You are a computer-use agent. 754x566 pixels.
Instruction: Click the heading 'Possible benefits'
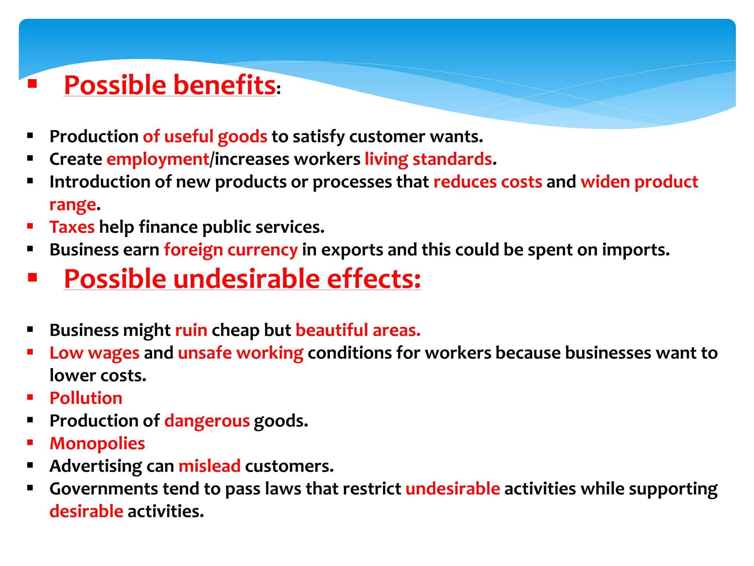[169, 85]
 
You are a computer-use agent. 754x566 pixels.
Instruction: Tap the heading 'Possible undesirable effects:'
[242, 279]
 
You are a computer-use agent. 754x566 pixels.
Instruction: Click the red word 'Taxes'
[72, 227]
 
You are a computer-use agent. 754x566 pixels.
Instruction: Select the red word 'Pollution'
[86, 398]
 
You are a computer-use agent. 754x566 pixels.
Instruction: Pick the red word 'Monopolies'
[97, 444]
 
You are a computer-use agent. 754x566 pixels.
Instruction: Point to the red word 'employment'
[158, 160]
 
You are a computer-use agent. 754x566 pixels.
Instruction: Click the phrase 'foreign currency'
[230, 250]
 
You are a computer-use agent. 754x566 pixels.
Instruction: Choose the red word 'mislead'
[209, 467]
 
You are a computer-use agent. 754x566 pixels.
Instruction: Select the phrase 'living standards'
[428, 160]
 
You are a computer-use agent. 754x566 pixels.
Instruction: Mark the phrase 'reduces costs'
[488, 182]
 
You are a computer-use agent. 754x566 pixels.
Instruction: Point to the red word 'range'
[73, 205]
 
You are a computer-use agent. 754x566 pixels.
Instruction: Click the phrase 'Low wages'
[95, 353]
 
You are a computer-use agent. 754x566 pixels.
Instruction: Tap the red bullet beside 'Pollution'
[30, 397]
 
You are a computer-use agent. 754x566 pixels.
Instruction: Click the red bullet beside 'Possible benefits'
[32, 84]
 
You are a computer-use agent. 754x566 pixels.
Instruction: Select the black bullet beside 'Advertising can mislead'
[30, 465]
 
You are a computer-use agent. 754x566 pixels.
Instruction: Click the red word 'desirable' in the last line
[86, 512]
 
